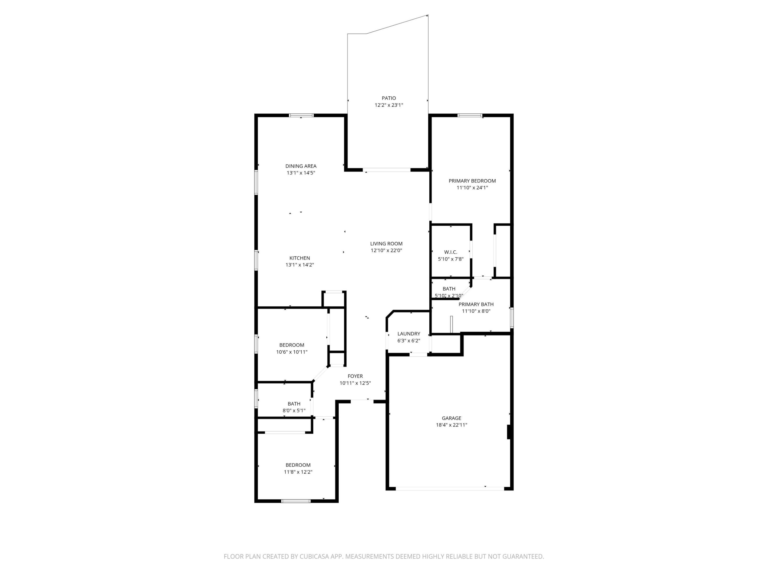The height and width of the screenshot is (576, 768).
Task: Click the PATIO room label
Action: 389,98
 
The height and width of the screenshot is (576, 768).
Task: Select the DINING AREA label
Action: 301,166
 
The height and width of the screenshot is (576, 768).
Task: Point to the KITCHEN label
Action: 300,258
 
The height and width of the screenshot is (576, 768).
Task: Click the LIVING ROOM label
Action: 386,244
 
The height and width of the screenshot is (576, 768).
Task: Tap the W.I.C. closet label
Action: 450,252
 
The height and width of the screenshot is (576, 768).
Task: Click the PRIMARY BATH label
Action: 476,304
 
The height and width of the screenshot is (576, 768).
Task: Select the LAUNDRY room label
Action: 409,334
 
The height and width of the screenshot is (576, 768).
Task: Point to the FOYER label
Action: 355,376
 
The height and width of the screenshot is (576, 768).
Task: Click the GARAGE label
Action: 451,418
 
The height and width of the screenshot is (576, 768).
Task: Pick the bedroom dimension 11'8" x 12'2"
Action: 298,472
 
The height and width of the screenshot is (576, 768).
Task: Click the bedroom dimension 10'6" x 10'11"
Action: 292,352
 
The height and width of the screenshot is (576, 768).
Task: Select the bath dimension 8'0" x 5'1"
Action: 294,410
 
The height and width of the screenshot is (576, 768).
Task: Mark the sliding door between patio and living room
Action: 387,170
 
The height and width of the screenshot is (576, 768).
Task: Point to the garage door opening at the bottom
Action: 450,489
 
